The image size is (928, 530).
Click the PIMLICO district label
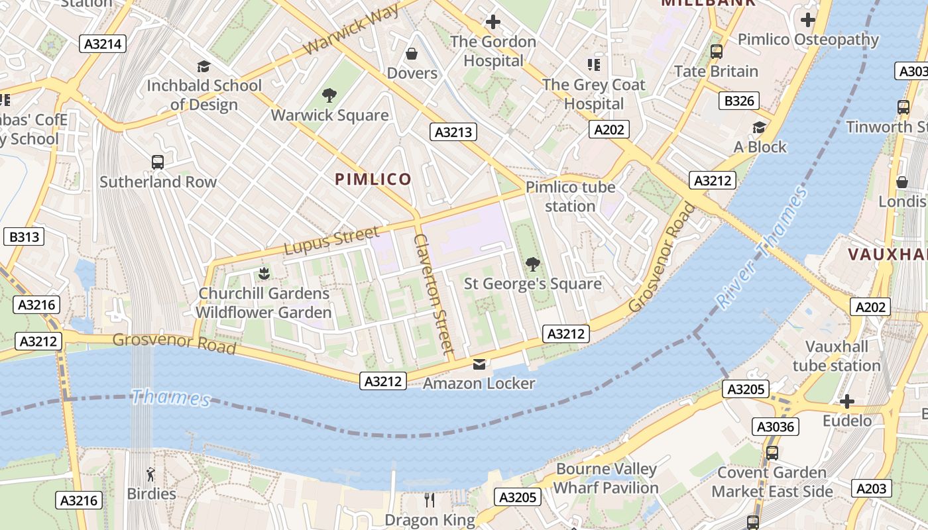pos(373,179)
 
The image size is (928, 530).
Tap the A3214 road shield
pos(103,44)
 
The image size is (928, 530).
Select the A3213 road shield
pos(453,132)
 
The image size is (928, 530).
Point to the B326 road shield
pos(738,101)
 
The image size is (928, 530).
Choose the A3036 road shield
pos(776,427)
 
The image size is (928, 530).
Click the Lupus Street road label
pos(332,240)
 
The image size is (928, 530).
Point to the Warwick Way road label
pos(352,30)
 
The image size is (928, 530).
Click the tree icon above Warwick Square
pos(329,95)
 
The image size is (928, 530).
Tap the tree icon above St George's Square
pos(532,264)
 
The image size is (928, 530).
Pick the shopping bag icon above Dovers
pos(412,53)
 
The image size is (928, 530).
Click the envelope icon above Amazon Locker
pos(479,364)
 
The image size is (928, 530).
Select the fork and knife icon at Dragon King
pos(430,500)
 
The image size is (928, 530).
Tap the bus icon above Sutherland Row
pos(158,162)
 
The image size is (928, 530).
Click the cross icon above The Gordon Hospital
pos(493,22)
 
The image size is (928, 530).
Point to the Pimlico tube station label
pos(570,197)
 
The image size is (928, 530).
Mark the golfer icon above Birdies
pos(151,474)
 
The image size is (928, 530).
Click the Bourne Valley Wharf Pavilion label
pos(606,478)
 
